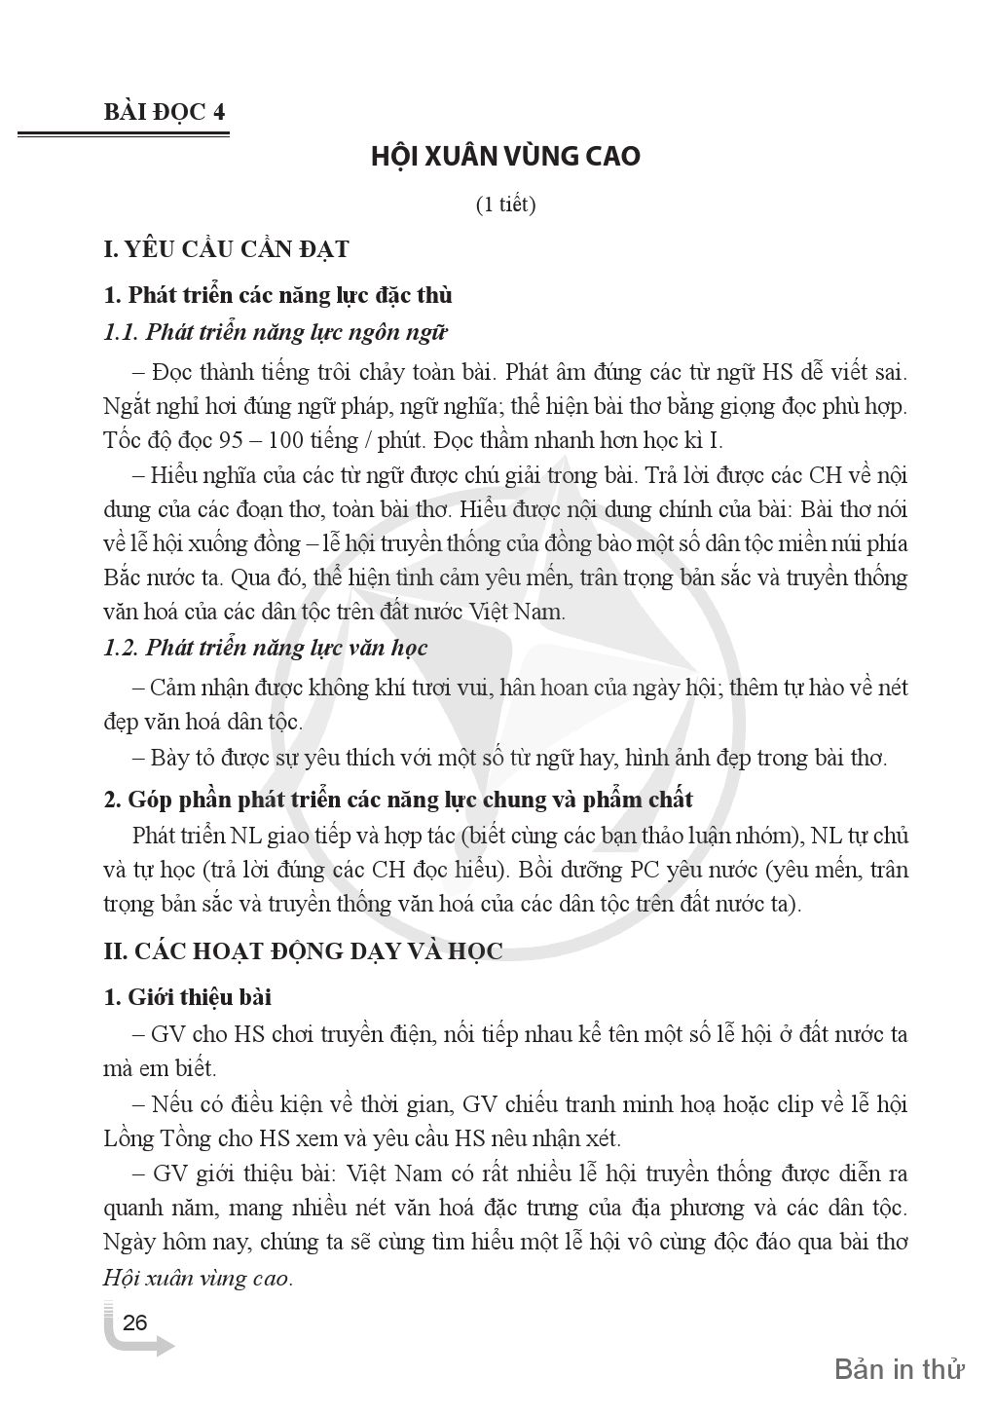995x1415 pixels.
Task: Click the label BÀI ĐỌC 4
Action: tap(165, 112)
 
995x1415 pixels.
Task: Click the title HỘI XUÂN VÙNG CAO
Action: tap(505, 156)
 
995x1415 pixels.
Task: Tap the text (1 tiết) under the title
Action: tap(505, 205)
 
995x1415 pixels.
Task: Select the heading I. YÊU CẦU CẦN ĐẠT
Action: tap(226, 249)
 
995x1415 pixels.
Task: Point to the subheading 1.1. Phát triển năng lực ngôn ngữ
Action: tap(275, 332)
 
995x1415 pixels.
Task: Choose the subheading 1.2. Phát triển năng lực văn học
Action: tap(265, 647)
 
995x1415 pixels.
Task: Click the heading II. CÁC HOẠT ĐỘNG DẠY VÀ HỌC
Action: tap(303, 951)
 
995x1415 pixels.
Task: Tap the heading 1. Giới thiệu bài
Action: tap(188, 997)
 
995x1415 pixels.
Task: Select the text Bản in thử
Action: tap(899, 1368)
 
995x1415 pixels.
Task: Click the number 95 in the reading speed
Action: tap(231, 439)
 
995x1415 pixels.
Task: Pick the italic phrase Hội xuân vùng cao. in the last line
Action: tap(197, 1278)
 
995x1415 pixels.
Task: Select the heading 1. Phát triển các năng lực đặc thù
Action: tap(277, 294)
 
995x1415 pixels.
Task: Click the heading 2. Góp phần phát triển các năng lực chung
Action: tap(398, 800)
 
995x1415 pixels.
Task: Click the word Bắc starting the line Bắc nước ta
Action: tap(123, 577)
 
